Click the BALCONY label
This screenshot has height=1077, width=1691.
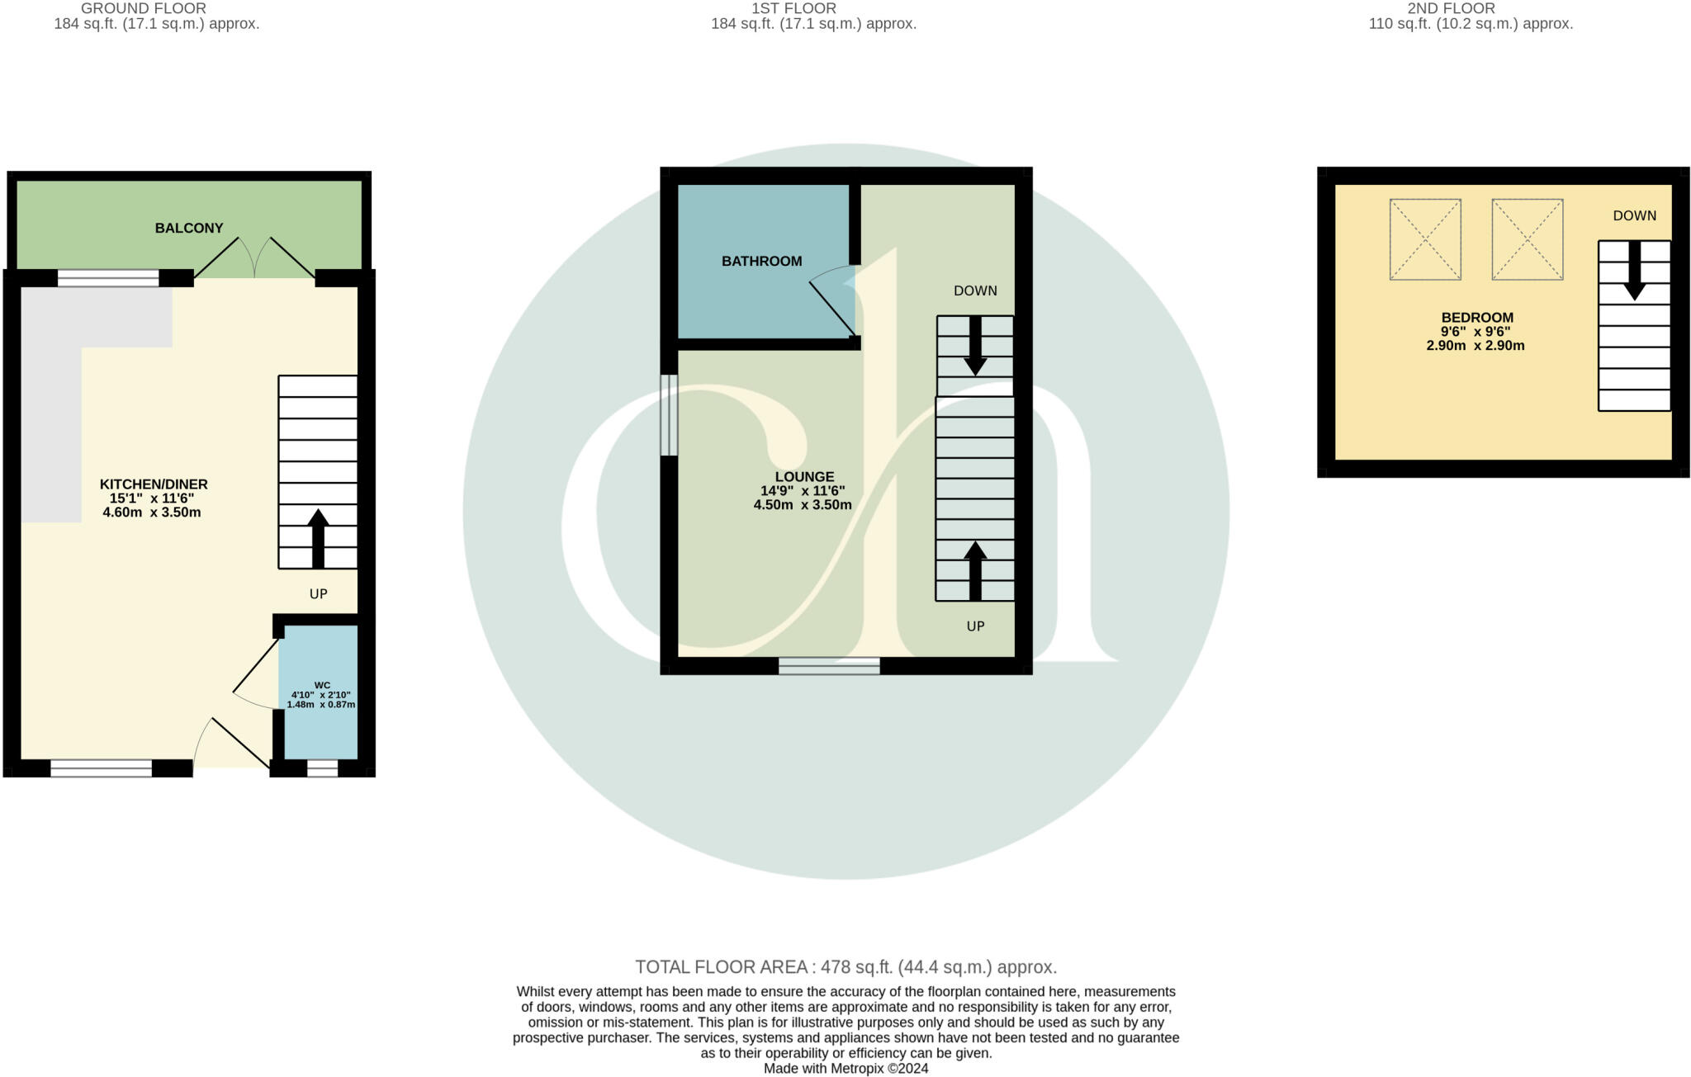(189, 228)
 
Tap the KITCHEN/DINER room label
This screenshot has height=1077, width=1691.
(154, 484)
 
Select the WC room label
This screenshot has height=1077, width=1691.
(322, 685)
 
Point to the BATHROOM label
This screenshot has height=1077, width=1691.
(761, 261)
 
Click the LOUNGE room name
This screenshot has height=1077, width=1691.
(804, 477)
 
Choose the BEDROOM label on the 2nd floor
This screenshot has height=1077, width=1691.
(1477, 318)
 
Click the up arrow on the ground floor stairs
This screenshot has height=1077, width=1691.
(318, 539)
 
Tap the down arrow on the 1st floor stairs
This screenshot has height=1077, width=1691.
(975, 346)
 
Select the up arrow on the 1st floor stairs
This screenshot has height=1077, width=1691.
(975, 570)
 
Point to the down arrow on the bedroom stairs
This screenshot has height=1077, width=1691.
(1634, 271)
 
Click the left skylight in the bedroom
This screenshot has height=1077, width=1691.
(1425, 239)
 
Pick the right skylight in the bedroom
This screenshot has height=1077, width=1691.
(1528, 239)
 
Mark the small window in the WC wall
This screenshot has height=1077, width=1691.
(322, 768)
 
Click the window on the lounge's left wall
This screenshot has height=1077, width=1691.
(669, 415)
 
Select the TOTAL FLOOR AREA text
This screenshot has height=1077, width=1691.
(845, 967)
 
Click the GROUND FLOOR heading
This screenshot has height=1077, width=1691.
(144, 8)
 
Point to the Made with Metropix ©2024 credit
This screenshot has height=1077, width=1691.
(845, 1069)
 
